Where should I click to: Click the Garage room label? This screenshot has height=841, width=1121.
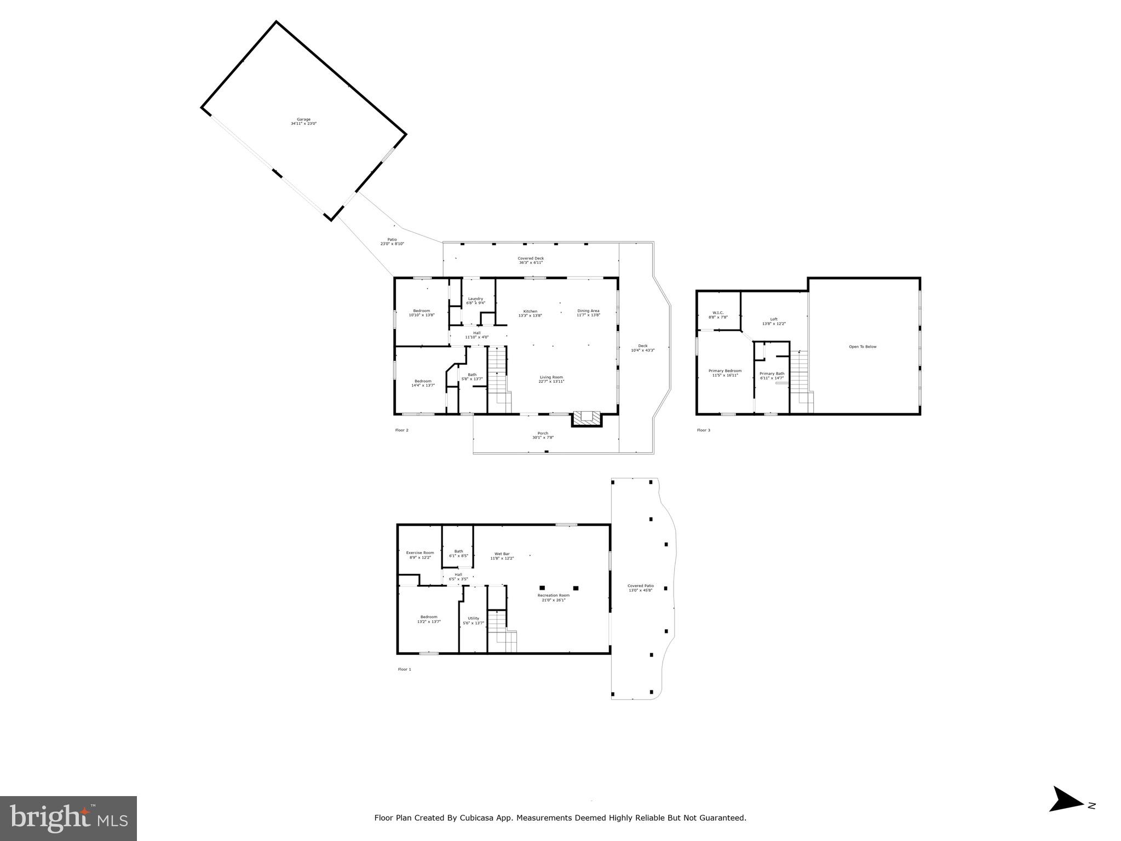303,122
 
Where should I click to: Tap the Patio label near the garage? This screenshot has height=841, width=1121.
392,241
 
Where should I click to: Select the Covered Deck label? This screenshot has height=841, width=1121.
531,260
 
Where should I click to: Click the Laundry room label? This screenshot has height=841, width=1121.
475,301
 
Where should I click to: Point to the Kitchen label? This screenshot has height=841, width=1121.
530,313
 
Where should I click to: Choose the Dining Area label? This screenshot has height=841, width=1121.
588,313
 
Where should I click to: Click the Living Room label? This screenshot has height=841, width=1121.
551,379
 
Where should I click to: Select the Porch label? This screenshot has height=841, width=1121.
542,435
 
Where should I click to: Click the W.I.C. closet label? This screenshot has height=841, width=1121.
718,315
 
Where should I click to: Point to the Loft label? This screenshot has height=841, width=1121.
774,321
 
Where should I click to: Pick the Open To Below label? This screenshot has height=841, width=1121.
863,347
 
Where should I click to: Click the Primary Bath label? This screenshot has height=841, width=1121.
772,376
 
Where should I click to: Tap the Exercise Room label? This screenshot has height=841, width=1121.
420,555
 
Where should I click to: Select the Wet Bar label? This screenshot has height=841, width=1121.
502,556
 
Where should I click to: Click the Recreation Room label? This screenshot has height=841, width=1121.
553,597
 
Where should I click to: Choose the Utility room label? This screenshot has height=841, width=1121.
473,620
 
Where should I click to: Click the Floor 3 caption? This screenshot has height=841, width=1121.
703,430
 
